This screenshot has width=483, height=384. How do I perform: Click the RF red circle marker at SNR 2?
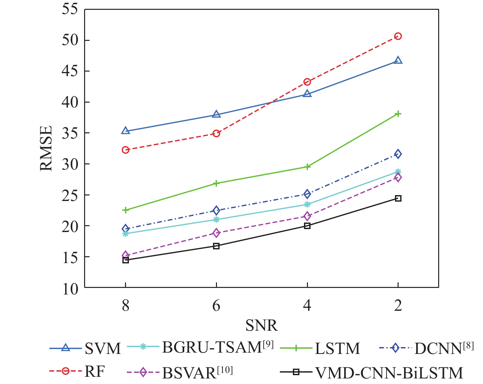coord(398,36)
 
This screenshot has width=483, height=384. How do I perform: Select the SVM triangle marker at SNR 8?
coord(126,131)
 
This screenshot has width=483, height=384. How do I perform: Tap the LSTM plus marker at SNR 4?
coord(307,167)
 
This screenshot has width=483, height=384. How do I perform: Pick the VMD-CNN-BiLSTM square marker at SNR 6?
coord(216,246)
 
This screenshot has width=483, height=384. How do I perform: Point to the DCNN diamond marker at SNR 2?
coord(398,154)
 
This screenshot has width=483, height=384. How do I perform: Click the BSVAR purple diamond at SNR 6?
coord(216,233)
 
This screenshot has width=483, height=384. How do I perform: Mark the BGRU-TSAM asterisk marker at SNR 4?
coord(307,205)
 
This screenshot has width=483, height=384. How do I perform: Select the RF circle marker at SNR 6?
coord(216,133)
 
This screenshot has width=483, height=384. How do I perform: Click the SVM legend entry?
coord(103,349)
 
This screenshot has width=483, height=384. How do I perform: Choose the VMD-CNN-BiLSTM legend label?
coord(389,373)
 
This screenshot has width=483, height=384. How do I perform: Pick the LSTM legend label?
coord(337,349)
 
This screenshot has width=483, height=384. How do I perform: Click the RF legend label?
coord(95,372)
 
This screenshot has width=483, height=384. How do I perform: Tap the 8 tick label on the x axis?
coord(126,305)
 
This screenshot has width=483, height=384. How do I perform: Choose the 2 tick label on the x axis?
coord(398,305)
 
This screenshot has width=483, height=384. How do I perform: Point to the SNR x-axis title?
coord(261,325)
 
